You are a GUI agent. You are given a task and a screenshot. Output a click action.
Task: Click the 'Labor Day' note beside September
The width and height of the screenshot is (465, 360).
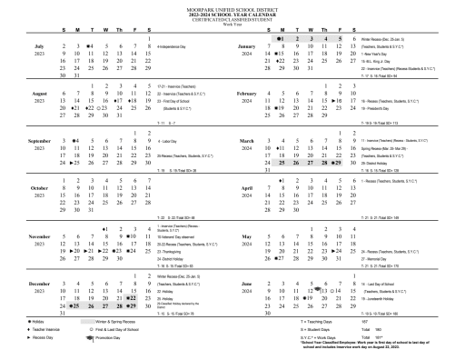click(172, 142)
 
